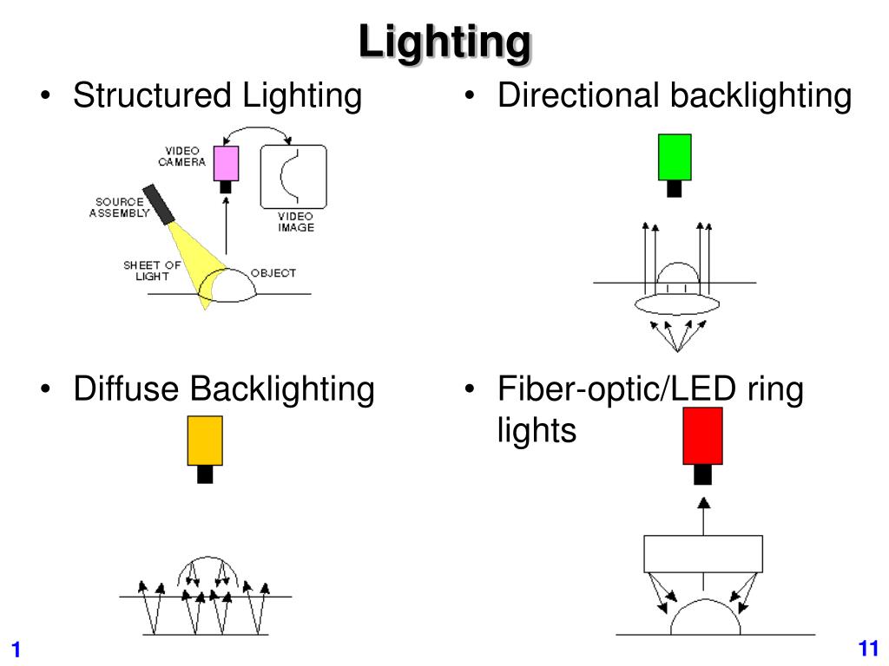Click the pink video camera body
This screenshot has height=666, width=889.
(226, 163)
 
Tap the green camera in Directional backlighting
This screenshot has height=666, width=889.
(675, 157)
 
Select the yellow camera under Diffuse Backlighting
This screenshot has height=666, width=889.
(205, 441)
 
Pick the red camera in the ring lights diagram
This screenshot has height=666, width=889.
(702, 435)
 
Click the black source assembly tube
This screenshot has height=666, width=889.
(159, 203)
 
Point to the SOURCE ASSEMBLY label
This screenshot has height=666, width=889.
(119, 208)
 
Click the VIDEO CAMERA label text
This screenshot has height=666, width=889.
(181, 156)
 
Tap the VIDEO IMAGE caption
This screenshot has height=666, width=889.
(295, 222)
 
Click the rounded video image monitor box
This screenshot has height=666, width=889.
(293, 177)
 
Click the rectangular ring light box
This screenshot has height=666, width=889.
(702, 553)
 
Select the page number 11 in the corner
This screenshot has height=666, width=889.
(868, 648)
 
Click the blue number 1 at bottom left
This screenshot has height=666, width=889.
(16, 650)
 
